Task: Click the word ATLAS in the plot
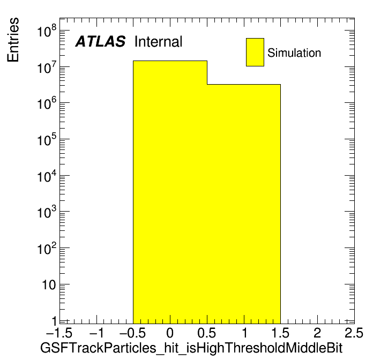pyautogui.click(x=100, y=41)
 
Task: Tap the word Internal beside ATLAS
pyautogui.click(x=158, y=41)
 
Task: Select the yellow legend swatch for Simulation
pyautogui.click(x=255, y=52)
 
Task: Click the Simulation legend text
pyautogui.click(x=294, y=52)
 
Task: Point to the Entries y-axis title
pyautogui.click(x=13, y=40)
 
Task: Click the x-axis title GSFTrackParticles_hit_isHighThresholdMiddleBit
pyautogui.click(x=191, y=348)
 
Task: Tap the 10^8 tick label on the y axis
pyautogui.click(x=47, y=31)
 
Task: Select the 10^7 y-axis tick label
pyautogui.click(x=47, y=67)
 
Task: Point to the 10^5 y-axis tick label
pyautogui.click(x=47, y=139)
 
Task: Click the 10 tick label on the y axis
pyautogui.click(x=49, y=284)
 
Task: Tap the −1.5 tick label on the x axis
pyautogui.click(x=59, y=333)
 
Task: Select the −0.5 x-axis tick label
pyautogui.click(x=132, y=333)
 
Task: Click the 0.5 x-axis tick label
pyautogui.click(x=206, y=333)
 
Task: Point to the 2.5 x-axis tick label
pyautogui.click(x=354, y=333)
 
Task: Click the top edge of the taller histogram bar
pyautogui.click(x=170, y=61)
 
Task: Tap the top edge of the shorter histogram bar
pyautogui.click(x=244, y=84)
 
